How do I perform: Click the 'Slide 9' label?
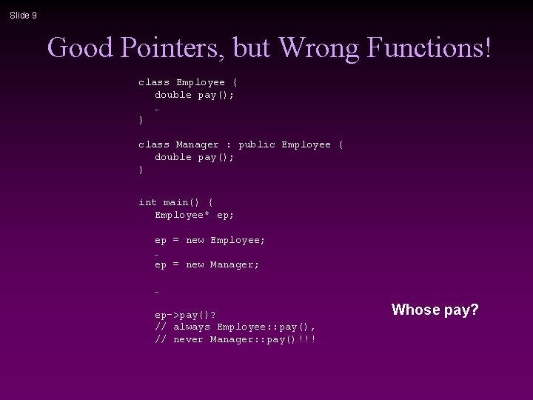point(23,15)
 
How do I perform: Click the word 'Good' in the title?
point(80,48)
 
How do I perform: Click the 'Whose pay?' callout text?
point(435,310)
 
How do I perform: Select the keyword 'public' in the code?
point(256,144)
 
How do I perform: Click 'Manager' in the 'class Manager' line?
point(198,144)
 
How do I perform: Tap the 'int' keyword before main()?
point(148,202)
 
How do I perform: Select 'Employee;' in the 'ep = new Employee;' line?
point(238,240)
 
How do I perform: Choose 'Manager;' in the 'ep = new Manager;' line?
point(235,264)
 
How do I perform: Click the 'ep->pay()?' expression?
point(185,315)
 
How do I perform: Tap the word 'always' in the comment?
point(192,327)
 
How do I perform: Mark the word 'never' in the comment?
point(189,339)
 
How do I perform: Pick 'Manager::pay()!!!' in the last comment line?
point(263,339)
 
